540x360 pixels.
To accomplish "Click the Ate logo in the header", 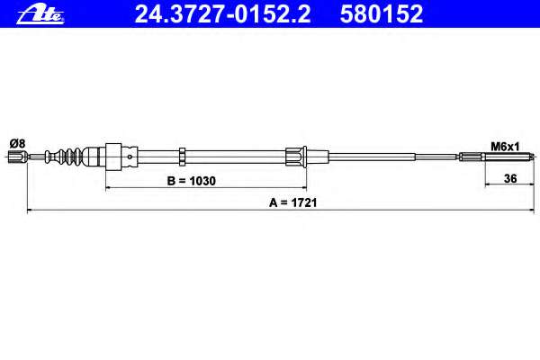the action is (x=40, y=15).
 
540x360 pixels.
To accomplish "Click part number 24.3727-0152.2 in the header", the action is (x=222, y=14).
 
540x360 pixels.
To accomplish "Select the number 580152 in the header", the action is (x=382, y=14).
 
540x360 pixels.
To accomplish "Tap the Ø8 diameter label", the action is (x=17, y=143).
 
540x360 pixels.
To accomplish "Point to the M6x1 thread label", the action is (x=505, y=147).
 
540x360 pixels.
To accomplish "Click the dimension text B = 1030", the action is (x=191, y=181).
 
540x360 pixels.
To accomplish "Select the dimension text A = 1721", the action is (x=292, y=202).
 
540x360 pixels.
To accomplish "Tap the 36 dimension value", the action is (x=510, y=178).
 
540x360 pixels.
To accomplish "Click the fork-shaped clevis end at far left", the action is (x=17, y=157).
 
